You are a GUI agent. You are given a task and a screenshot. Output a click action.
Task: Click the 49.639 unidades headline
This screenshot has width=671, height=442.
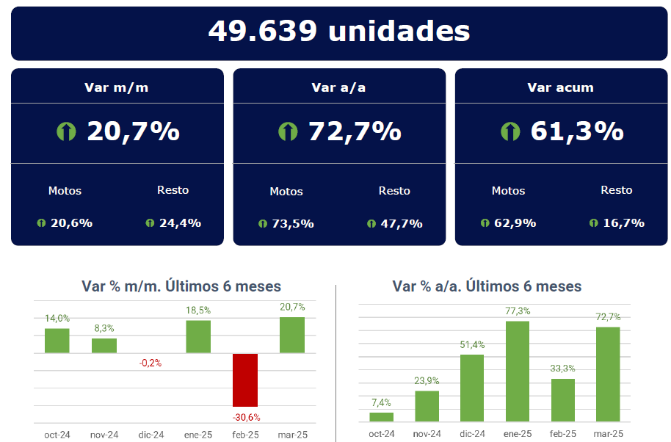(338, 31)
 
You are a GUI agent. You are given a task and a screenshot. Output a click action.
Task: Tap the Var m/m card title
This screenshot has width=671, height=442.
(117, 87)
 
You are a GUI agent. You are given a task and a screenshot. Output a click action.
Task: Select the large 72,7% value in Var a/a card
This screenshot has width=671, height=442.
(355, 131)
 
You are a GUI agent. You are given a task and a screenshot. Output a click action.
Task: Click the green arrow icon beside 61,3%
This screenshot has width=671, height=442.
(510, 131)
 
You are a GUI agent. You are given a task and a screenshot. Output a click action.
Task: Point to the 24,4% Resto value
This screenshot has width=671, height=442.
(180, 222)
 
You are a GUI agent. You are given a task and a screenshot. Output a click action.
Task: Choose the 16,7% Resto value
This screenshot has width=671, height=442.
(623, 222)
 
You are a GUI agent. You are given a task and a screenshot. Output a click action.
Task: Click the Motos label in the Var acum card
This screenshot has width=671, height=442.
(508, 190)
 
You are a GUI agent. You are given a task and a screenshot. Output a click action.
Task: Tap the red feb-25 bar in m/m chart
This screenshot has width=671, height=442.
(245, 380)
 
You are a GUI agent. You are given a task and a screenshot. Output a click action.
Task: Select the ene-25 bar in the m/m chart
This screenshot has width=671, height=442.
(198, 337)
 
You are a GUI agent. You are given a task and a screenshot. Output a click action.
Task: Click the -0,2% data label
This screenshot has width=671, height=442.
(150, 363)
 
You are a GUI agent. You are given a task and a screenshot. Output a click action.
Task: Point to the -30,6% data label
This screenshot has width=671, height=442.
(246, 417)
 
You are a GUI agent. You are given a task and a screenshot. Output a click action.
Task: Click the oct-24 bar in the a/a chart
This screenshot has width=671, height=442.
(382, 417)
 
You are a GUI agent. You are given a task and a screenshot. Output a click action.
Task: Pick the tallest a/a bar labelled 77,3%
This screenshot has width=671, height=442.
(518, 372)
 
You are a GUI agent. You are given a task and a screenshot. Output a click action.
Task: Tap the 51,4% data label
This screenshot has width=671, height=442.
(473, 344)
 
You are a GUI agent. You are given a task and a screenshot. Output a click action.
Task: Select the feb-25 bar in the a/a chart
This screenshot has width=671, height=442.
(563, 400)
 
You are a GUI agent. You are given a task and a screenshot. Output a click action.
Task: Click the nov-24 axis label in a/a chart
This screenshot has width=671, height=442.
(427, 434)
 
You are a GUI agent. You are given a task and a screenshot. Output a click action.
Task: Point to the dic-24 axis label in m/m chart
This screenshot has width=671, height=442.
(150, 434)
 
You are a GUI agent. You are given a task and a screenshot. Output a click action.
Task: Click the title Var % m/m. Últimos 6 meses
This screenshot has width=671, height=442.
(181, 286)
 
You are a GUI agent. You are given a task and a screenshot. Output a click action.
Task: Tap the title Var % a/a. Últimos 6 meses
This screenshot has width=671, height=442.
(487, 286)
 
